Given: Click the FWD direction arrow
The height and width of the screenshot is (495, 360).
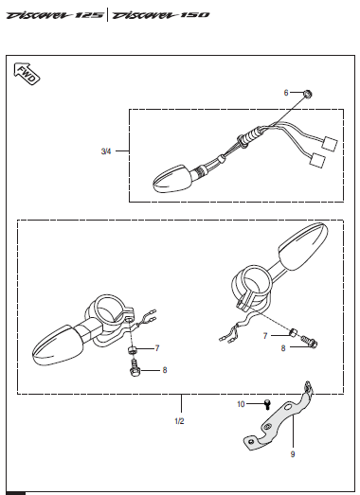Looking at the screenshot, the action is pyautogui.click(x=27, y=74).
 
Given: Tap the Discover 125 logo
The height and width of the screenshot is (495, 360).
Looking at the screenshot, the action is pyautogui.click(x=55, y=15).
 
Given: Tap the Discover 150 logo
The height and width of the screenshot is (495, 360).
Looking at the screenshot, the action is pyautogui.click(x=161, y=15).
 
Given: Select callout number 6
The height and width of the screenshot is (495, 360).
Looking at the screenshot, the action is pyautogui.click(x=286, y=93).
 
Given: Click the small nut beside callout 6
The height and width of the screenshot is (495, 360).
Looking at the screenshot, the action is pyautogui.click(x=308, y=94).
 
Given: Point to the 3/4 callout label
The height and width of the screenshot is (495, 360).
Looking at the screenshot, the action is pyautogui.click(x=106, y=151).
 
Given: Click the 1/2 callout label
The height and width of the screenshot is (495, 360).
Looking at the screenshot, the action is pyautogui.click(x=179, y=421).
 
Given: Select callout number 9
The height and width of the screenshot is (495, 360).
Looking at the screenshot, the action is pyautogui.click(x=293, y=454).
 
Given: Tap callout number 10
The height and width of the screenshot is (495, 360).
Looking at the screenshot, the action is pyautogui.click(x=241, y=404).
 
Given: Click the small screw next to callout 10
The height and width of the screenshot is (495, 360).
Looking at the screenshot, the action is pyautogui.click(x=267, y=404).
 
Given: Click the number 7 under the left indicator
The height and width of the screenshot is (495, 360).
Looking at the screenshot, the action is pyautogui.click(x=157, y=348).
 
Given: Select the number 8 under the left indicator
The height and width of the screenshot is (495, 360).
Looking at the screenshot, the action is pyautogui.click(x=165, y=370).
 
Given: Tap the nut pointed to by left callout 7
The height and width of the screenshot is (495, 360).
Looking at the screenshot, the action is pyautogui.click(x=132, y=349).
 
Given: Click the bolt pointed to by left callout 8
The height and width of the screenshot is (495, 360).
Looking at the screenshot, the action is pyautogui.click(x=134, y=368).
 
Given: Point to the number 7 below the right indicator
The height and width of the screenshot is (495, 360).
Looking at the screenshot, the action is pyautogui.click(x=265, y=336).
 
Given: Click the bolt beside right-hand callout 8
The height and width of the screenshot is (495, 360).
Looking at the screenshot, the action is pyautogui.click(x=309, y=342).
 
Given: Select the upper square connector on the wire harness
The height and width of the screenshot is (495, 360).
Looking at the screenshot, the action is pyautogui.click(x=330, y=144).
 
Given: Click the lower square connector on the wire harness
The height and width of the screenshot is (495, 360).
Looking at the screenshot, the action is pyautogui.click(x=317, y=160).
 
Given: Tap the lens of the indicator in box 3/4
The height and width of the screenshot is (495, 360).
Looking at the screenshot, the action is pyautogui.click(x=171, y=179).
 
